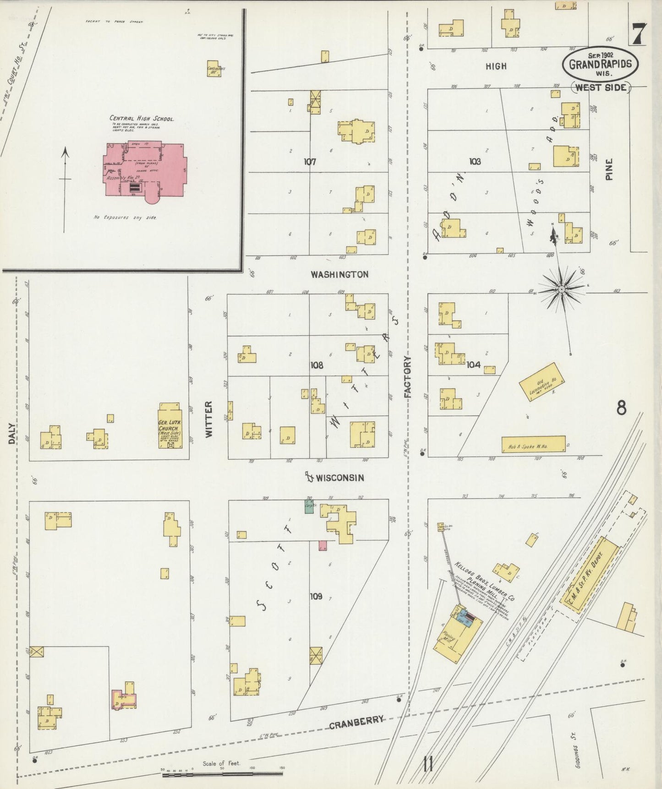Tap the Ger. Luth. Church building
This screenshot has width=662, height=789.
point(170,426)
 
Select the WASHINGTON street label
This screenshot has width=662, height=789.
point(339,274)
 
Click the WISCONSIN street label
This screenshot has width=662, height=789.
point(339,478)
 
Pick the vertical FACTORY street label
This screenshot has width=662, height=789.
point(408,377)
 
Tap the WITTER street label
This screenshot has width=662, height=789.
point(209,419)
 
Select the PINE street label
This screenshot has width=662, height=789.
point(609,169)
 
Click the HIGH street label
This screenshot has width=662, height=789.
point(496,66)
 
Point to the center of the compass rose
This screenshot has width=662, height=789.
point(562,289)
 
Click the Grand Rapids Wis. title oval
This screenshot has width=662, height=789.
point(600,64)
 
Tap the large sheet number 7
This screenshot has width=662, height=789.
point(639,34)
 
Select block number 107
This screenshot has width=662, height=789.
point(310,162)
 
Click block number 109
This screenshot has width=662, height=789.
point(316,596)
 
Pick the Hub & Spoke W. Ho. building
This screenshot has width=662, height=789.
point(533,444)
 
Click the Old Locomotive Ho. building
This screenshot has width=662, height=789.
point(541,382)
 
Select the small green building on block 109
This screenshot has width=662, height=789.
point(309,506)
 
